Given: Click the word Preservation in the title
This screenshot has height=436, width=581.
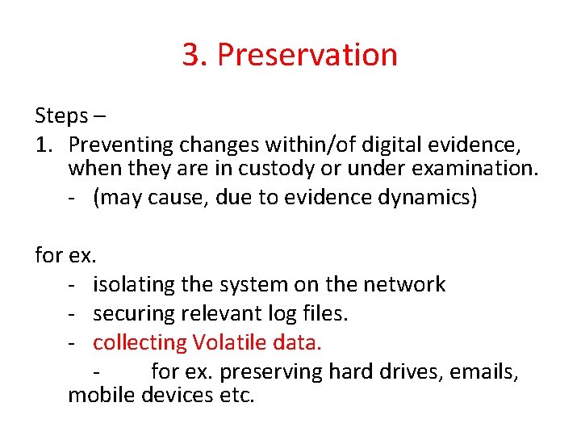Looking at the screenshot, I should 307,55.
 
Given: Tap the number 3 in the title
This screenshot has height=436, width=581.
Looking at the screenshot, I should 191,55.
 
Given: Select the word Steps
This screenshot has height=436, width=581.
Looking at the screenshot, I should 61,116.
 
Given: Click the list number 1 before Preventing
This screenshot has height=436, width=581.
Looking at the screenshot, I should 42,145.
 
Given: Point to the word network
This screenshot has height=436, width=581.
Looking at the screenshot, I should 404,284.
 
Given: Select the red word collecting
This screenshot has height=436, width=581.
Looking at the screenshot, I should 140,342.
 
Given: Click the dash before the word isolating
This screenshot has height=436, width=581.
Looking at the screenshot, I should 73,285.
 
